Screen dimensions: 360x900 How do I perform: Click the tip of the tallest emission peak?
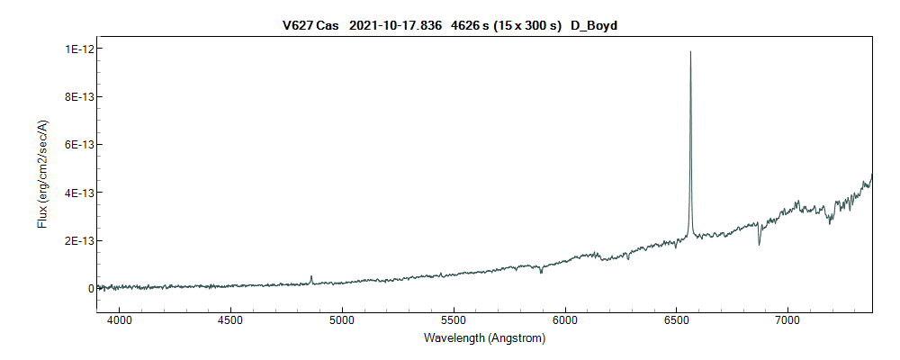(690, 52)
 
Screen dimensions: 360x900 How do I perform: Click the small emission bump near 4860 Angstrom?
(311, 277)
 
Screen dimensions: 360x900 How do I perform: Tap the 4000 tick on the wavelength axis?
(120, 320)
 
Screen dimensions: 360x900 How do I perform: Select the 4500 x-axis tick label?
(231, 320)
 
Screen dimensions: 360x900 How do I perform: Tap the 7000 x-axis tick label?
(787, 320)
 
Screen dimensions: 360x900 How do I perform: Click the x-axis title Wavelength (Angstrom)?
(484, 339)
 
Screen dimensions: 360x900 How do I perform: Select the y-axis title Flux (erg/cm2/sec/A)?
(42, 174)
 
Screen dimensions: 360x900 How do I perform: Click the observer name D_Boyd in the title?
(593, 26)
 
